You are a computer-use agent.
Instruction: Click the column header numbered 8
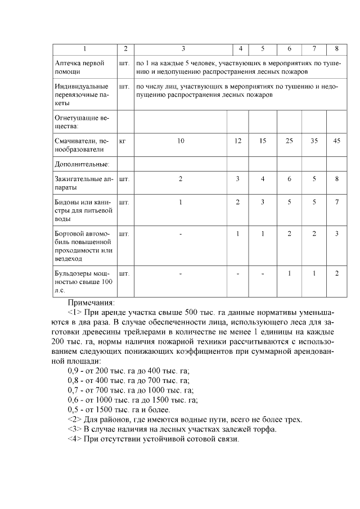point(336,49)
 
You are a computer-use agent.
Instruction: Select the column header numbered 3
point(180,49)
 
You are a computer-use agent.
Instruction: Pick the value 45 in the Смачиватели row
point(336,141)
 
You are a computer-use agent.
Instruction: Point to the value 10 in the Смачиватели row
point(180,141)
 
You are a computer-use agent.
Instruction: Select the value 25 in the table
point(289,141)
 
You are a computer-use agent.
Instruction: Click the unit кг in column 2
point(123,141)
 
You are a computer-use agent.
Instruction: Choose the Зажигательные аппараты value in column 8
point(336,179)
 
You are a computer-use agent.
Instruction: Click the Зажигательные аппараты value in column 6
point(289,179)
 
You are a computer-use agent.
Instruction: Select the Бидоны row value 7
point(336,202)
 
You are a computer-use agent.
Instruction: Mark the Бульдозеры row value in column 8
point(336,273)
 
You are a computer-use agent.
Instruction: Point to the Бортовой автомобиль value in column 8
point(336,233)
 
